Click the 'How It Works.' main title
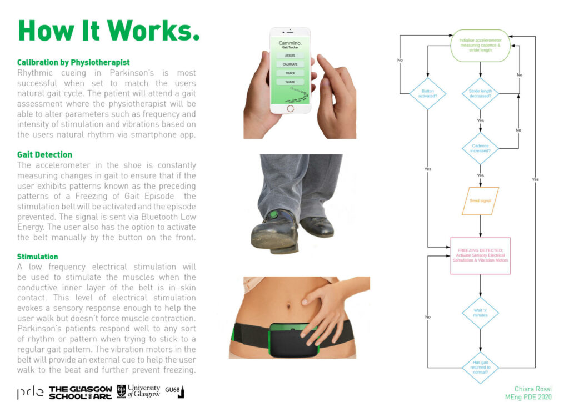[109, 31]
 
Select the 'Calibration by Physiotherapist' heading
[73, 63]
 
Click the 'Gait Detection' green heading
[44, 155]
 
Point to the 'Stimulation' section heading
[37, 257]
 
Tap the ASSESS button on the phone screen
[290, 56]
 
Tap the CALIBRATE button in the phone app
[290, 64]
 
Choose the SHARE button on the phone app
[290, 82]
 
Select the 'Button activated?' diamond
[428, 94]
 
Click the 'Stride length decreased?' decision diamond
[480, 94]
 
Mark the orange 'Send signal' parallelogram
[480, 200]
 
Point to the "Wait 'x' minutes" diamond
[480, 313]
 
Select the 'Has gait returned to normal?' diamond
[480, 368]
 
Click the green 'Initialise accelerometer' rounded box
[480, 45]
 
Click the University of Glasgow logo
[139, 391]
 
